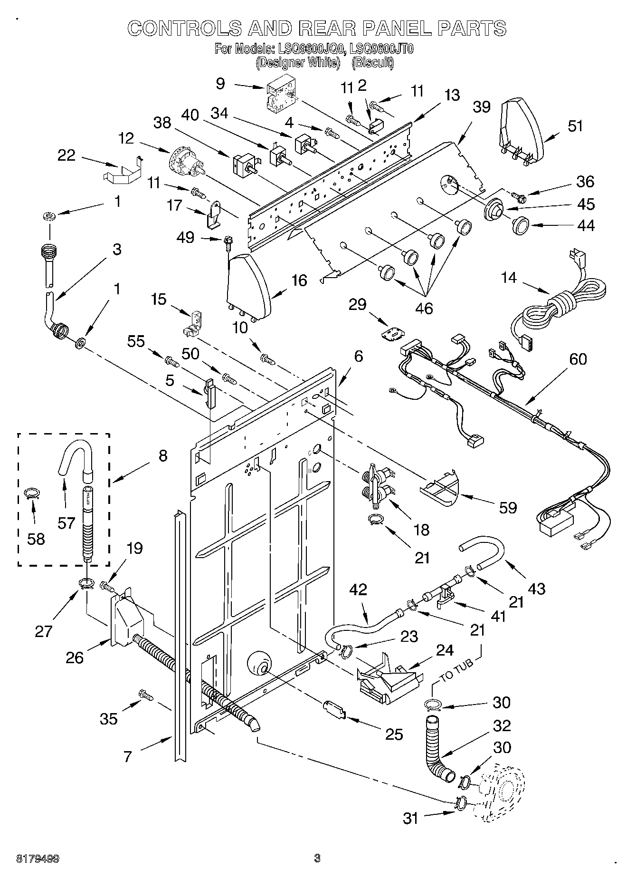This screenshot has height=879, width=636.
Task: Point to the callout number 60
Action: coord(578,359)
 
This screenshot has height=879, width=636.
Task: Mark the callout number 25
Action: coord(394,734)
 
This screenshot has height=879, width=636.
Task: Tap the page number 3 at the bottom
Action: coord(317,858)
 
